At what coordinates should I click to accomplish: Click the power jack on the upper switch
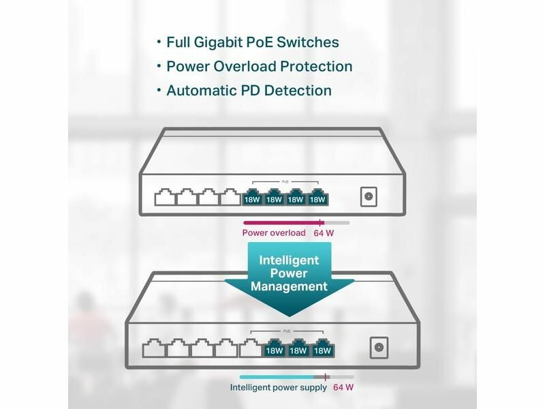[369, 196]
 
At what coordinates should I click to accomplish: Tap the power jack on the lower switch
[378, 347]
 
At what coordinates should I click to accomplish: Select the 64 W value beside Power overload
[325, 233]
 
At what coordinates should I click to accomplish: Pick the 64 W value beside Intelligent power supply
[343, 388]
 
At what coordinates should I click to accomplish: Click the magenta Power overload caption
[274, 233]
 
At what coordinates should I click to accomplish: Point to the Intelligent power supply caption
[279, 388]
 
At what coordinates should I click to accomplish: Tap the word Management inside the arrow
[289, 286]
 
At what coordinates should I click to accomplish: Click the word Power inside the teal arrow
[289, 273]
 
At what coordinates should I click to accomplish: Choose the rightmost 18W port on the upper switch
[317, 198]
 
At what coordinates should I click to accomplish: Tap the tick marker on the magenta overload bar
[322, 223]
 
